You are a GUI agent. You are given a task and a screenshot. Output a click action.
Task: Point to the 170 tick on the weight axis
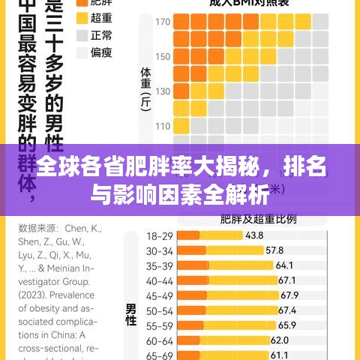coord(163,22)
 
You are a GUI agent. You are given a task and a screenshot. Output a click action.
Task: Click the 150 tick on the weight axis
coord(163,57)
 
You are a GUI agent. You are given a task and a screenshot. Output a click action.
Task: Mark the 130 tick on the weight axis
coord(163,91)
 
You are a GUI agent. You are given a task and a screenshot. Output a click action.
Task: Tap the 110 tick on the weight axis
coord(163,126)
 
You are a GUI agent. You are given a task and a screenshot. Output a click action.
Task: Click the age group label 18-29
coord(159,235)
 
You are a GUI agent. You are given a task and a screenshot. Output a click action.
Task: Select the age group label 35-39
coord(159,265)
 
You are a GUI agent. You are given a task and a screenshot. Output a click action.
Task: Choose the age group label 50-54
coord(159,310)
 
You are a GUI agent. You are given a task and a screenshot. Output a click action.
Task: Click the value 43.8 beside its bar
coord(253,235)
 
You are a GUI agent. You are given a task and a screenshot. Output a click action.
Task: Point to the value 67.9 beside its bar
coord(289,295)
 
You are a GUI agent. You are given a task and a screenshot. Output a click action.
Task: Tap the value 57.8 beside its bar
coord(274,250)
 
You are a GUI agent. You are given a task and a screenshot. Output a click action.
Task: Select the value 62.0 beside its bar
coord(280,340)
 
